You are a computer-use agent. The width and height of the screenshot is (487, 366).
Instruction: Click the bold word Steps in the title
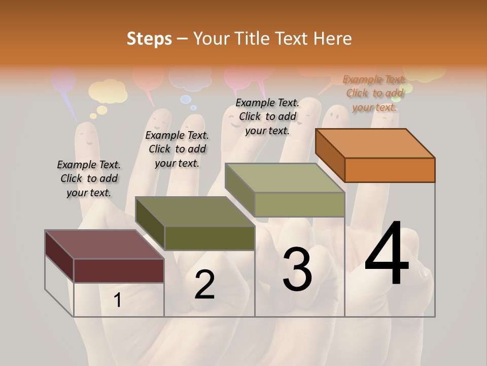tap(149, 39)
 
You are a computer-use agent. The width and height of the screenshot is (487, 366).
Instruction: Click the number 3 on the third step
tap(297, 269)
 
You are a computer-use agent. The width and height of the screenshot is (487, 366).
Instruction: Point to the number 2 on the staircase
tap(204, 285)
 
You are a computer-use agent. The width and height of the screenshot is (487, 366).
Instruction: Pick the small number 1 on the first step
tap(117, 300)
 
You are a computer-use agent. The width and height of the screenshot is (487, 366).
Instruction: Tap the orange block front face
tap(390, 170)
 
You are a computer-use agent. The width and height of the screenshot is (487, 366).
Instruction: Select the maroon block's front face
tap(119, 270)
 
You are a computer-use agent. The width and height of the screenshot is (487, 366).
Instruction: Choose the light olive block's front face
tap(299, 204)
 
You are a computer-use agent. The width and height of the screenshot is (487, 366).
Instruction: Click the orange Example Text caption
tap(374, 93)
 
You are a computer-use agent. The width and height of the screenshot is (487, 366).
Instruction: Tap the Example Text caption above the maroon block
tap(89, 178)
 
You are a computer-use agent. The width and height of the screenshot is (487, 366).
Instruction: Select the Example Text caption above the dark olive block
tap(177, 149)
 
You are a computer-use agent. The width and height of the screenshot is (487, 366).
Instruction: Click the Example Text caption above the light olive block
tap(267, 116)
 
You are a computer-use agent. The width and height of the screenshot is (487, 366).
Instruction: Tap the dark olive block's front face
tap(210, 238)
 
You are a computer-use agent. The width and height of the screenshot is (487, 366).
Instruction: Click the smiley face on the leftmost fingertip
tap(87, 137)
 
